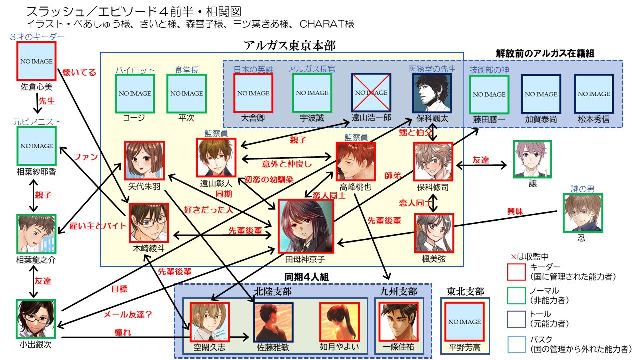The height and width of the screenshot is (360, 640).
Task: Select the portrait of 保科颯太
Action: (432, 93)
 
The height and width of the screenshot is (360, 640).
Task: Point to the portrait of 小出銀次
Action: (35, 319)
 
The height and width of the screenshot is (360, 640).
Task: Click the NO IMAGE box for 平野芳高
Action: (465, 322)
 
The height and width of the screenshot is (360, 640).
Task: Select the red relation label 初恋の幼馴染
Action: (268, 179)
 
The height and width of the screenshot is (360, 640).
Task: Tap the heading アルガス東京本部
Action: (290, 45)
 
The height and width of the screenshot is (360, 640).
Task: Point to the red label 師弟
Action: (392, 176)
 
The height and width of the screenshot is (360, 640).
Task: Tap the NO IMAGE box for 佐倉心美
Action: (36, 61)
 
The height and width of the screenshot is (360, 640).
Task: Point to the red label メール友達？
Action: (127, 315)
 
